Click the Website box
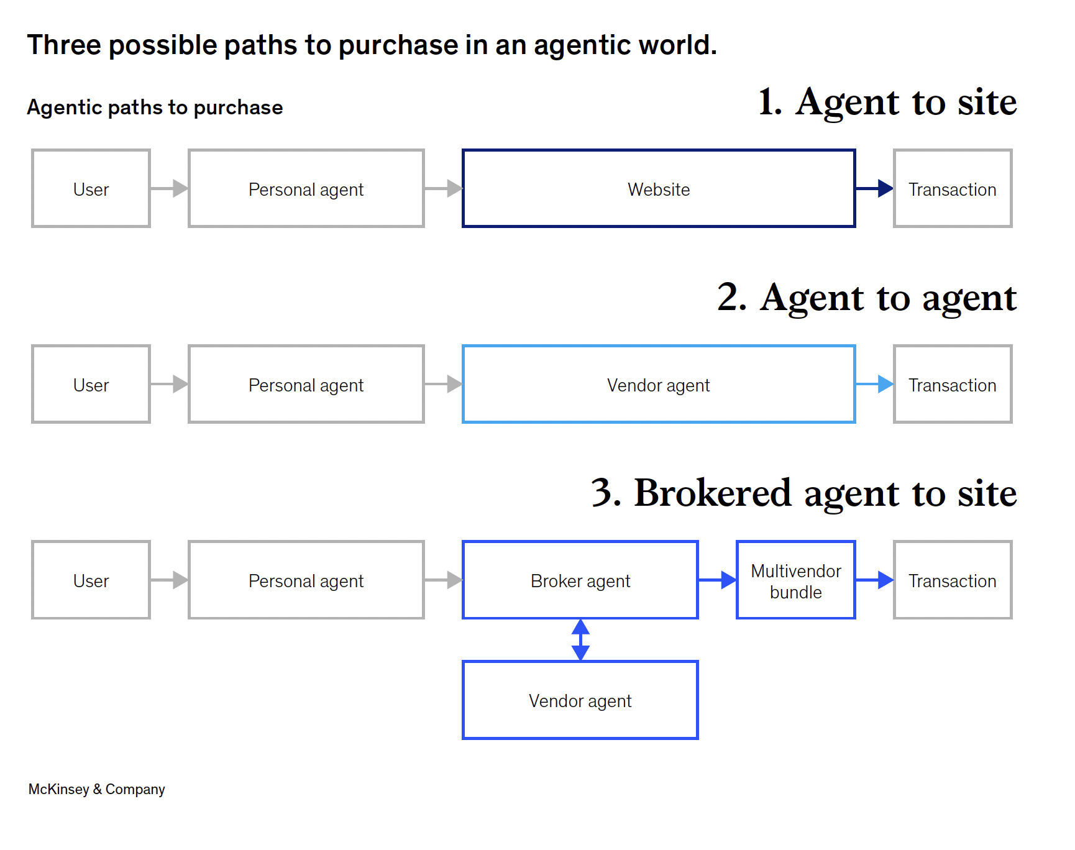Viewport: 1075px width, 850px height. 659,189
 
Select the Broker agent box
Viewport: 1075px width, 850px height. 580,580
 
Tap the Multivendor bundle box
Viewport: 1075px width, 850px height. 795,580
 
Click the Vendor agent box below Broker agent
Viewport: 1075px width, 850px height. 580,700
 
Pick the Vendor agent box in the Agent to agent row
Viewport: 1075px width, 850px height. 659,385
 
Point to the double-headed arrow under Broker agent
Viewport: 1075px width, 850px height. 580,639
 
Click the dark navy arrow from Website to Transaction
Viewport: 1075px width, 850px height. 874,188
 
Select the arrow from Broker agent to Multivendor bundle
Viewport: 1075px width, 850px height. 718,580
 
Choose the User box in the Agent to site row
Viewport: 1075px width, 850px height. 91,189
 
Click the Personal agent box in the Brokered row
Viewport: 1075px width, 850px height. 306,580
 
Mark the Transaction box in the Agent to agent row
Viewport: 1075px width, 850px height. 953,385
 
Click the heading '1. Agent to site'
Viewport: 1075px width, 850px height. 887,102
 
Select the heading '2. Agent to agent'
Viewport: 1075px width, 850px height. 867,298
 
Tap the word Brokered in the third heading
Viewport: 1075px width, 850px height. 712,493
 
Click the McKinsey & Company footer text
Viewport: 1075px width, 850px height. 97,789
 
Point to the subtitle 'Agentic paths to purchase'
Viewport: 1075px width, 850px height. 155,107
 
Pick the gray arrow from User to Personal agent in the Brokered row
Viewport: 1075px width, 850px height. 169,580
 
